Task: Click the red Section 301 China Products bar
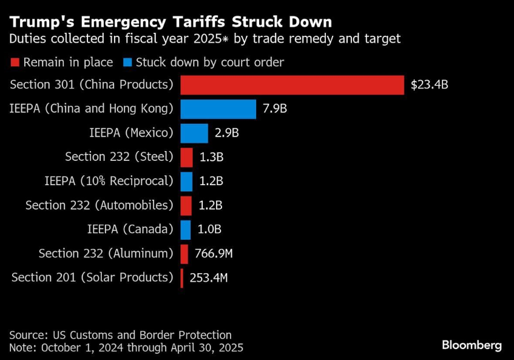pos(292,85)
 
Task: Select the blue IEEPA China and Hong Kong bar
pos(218,109)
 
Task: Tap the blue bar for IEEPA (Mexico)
pos(194,133)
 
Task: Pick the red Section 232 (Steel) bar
pos(186,157)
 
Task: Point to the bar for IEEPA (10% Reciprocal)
pos(186,181)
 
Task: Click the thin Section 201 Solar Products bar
pos(181,278)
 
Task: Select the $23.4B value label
pos(429,85)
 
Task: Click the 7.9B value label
pos(274,109)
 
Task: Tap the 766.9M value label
pos(214,254)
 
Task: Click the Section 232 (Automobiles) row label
pos(100,205)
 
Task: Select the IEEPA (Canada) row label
pos(130,229)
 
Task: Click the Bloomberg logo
pos(472,345)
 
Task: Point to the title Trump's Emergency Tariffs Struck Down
pos(171,22)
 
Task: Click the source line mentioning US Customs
pos(120,335)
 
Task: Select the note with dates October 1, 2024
pos(126,348)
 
